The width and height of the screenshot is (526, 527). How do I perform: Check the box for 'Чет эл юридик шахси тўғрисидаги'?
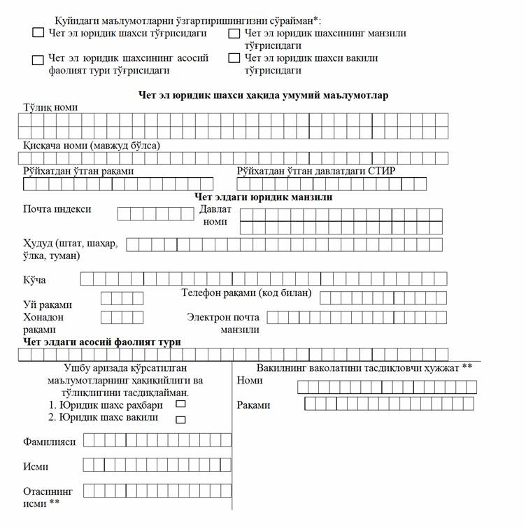[x=38, y=32]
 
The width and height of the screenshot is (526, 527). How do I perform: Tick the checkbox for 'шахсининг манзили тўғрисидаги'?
[x=234, y=33]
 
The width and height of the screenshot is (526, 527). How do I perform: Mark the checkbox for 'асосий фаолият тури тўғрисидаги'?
[x=38, y=59]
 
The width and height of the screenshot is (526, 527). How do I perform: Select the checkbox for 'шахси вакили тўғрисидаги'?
[x=234, y=58]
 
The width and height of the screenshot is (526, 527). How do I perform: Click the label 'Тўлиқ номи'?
[x=50, y=107]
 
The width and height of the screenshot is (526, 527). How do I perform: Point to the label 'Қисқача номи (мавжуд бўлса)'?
[x=91, y=146]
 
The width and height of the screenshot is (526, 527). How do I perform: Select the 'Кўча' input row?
[x=262, y=279]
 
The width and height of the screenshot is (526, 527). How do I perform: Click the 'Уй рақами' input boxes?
[x=122, y=298]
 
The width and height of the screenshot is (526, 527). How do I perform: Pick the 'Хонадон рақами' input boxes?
[x=122, y=317]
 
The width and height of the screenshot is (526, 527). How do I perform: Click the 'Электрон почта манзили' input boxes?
[x=357, y=318]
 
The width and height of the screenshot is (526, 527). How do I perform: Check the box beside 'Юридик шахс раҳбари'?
[x=180, y=405]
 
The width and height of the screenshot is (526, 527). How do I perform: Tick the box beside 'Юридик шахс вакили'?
[x=180, y=419]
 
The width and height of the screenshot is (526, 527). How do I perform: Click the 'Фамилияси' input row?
[x=157, y=440]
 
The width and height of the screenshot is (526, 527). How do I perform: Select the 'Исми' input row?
[x=157, y=465]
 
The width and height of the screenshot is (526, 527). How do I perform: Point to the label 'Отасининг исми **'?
[x=48, y=496]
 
